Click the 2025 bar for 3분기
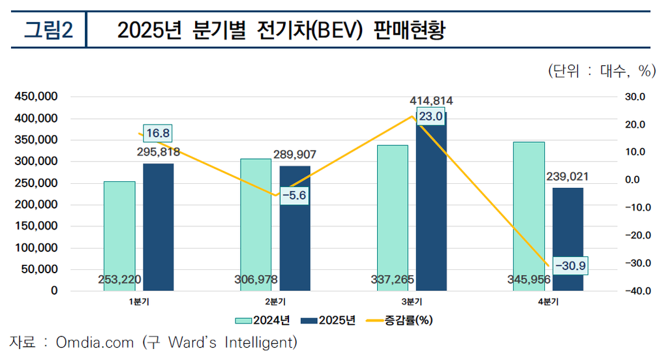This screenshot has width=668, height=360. (x=431, y=209)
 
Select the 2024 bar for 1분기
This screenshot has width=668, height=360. (x=119, y=228)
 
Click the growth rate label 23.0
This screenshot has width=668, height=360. (x=431, y=117)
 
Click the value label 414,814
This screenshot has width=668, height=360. (x=431, y=101)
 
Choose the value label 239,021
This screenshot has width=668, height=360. (x=568, y=177)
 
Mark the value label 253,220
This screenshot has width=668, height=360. (x=119, y=280)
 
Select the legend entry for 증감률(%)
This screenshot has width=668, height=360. (x=400, y=320)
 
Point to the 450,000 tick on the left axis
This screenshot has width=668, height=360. (x=36, y=97)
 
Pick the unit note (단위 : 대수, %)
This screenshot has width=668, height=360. (x=601, y=71)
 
